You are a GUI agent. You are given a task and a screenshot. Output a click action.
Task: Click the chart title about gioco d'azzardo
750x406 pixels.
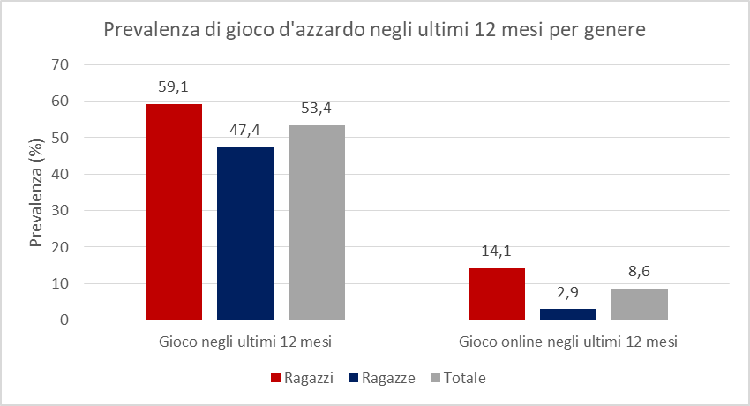(x=375, y=30)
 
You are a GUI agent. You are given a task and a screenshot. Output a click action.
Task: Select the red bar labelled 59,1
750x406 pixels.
(x=174, y=212)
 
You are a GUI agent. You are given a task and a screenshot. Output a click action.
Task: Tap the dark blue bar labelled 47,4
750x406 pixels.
(x=244, y=233)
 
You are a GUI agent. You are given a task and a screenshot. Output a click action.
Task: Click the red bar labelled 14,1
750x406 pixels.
(x=497, y=294)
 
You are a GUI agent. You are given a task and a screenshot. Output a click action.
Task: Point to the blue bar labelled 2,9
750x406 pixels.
(x=568, y=314)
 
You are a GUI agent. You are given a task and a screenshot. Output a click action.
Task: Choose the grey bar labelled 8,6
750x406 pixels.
(x=639, y=304)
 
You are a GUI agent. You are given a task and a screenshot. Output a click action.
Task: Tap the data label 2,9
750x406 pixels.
(x=568, y=291)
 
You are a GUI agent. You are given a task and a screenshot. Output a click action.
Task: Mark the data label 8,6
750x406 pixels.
(x=639, y=271)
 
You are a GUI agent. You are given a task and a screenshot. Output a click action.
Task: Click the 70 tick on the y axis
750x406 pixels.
(x=60, y=64)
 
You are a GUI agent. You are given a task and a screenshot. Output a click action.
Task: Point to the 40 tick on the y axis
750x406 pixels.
(x=60, y=174)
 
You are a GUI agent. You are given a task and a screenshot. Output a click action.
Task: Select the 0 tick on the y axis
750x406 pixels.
(x=64, y=320)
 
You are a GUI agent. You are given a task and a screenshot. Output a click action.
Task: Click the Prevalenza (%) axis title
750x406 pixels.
(x=37, y=192)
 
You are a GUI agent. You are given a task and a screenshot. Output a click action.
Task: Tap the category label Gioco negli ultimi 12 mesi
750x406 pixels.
(x=244, y=342)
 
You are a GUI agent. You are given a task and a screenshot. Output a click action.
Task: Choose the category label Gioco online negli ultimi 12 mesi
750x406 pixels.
(x=568, y=342)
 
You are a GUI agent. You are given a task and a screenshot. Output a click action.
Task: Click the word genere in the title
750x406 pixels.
(x=615, y=31)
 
